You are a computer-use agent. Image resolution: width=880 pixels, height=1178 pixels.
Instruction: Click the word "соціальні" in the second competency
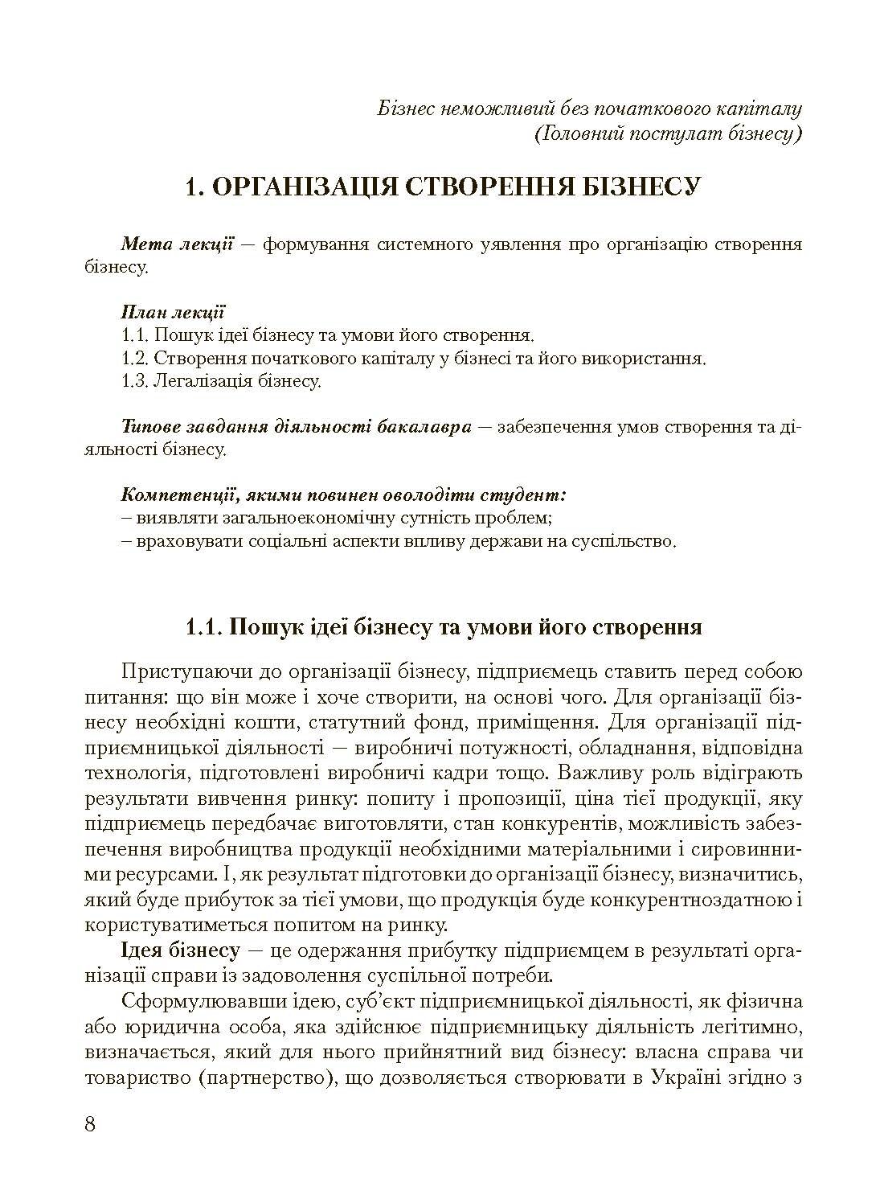[x=274, y=541]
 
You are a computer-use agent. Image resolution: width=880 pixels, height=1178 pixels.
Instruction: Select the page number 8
[x=90, y=1123]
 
